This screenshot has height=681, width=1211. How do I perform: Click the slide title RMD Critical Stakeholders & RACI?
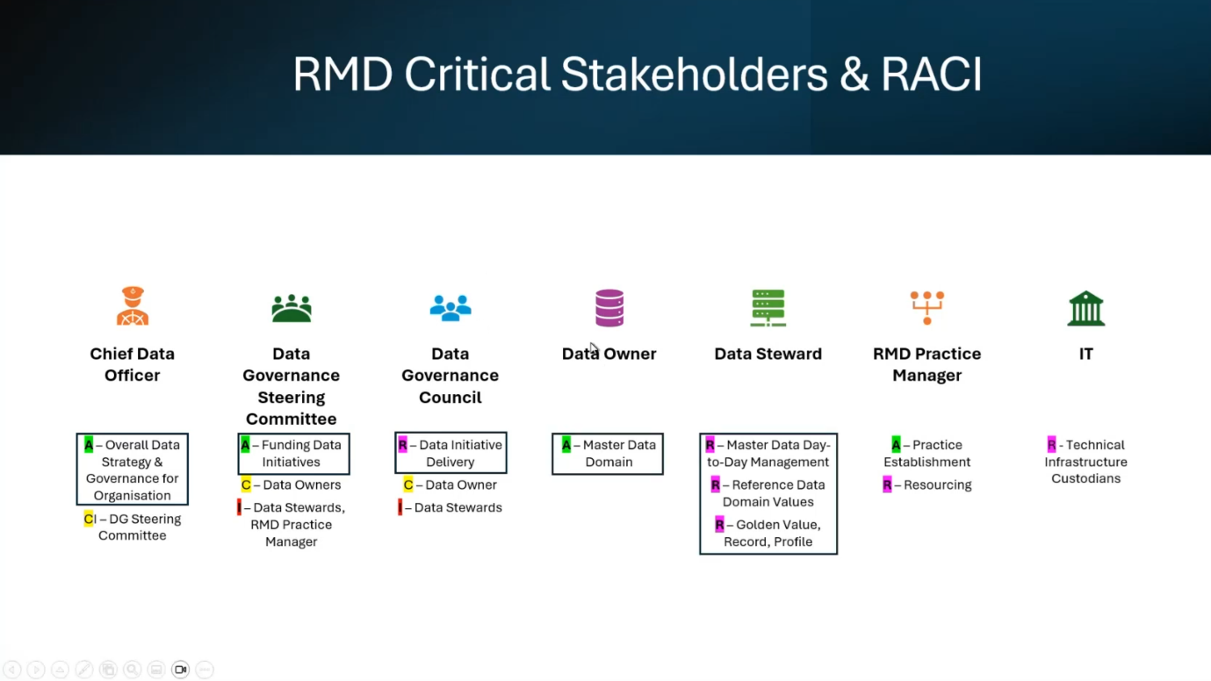(637, 74)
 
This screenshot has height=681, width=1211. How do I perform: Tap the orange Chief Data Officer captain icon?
(133, 306)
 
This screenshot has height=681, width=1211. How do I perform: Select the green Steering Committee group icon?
(291, 308)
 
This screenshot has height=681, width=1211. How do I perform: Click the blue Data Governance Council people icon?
(451, 308)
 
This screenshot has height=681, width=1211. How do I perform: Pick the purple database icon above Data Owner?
(609, 308)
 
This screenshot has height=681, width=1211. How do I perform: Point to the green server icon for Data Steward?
(768, 308)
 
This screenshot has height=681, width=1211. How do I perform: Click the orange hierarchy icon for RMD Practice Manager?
(926, 307)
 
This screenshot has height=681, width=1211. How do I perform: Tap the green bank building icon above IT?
(1085, 308)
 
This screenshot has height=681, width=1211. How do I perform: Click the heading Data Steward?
(768, 354)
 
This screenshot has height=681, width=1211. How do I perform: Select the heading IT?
(1085, 354)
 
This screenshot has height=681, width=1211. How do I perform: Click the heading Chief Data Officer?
(133, 364)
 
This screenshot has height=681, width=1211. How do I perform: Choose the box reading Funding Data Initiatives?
(293, 454)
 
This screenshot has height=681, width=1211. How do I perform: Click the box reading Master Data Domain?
(608, 454)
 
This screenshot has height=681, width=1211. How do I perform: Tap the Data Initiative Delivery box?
(451, 454)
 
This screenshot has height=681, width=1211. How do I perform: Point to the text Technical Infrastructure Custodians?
(1085, 462)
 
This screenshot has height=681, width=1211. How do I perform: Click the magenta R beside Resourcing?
(887, 485)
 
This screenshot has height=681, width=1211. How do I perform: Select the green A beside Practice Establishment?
(896, 445)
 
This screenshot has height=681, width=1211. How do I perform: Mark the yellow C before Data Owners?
(246, 485)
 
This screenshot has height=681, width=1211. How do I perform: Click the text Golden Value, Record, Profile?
(772, 534)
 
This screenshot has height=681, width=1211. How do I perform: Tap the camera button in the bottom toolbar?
(180, 670)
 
